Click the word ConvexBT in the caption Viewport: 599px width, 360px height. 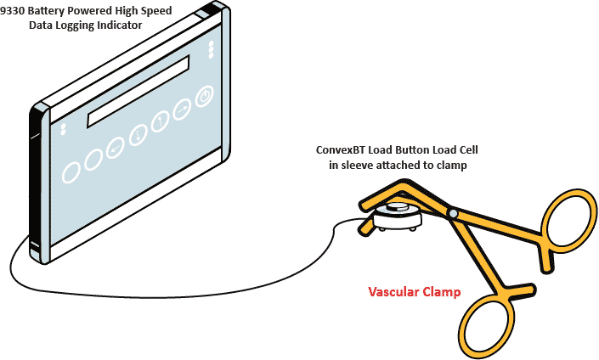(x=337, y=150)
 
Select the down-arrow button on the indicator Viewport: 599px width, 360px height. (x=136, y=134)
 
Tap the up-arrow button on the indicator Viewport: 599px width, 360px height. (x=159, y=121)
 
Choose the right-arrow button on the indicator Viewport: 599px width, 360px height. (x=181, y=110)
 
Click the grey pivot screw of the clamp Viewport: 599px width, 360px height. (x=454, y=213)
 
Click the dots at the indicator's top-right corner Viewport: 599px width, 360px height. (x=211, y=48)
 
